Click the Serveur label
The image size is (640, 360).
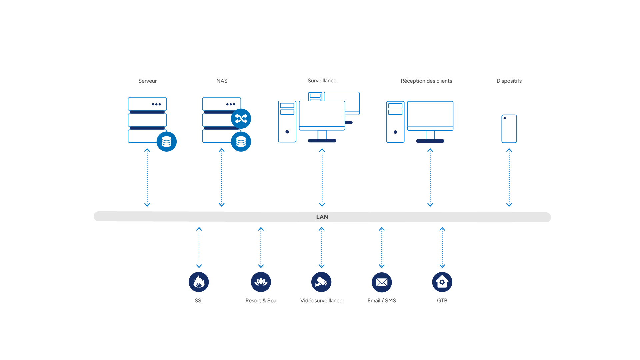click(x=147, y=81)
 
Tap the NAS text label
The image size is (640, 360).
click(x=222, y=81)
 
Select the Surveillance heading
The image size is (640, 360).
click(x=322, y=81)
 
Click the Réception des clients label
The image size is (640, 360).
click(x=426, y=81)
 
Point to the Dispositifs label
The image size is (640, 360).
click(x=509, y=81)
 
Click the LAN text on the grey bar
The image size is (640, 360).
click(x=322, y=217)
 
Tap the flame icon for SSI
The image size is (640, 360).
click(x=199, y=282)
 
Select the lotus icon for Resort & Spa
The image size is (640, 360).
click(x=261, y=282)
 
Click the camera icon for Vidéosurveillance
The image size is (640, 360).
click(x=321, y=282)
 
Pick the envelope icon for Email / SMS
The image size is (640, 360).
click(x=382, y=282)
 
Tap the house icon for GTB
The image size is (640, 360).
click(x=442, y=282)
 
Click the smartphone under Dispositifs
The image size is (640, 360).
click(x=509, y=129)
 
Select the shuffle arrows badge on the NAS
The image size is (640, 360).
click(x=241, y=119)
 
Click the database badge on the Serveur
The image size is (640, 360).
click(x=167, y=142)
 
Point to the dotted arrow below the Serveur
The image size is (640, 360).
click(x=147, y=178)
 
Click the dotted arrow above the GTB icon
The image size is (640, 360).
click(x=442, y=248)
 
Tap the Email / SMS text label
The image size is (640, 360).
click(x=382, y=301)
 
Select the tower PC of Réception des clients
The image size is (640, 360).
click(x=395, y=122)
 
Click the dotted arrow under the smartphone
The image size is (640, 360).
click(x=509, y=178)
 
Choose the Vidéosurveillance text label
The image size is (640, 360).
click(x=321, y=301)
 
